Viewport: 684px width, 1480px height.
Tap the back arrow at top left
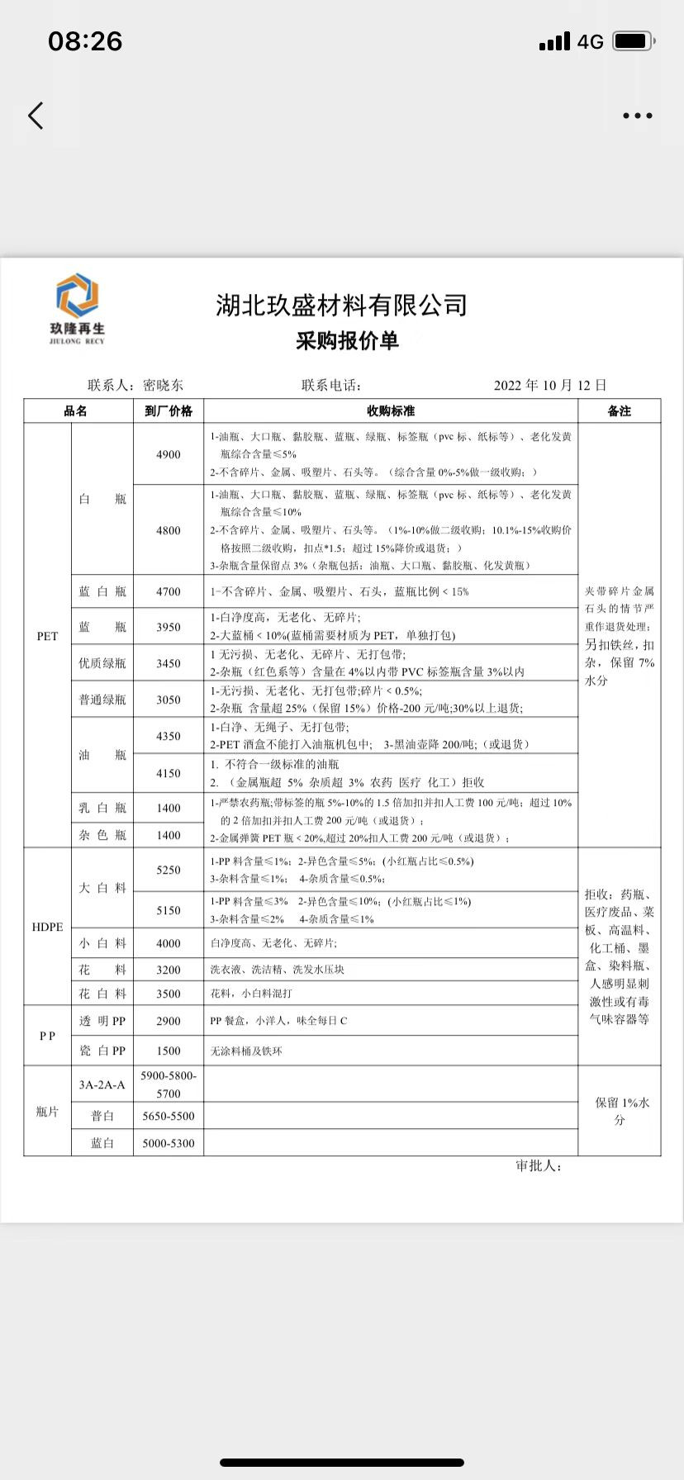(x=36, y=116)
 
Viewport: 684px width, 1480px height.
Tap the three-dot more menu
(x=637, y=116)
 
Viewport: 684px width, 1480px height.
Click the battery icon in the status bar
(x=634, y=41)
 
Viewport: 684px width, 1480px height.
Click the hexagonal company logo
(x=77, y=296)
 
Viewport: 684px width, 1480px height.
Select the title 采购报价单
(x=347, y=340)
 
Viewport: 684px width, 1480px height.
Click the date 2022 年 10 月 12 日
(x=550, y=385)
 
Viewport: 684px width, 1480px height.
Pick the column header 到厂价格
(x=169, y=410)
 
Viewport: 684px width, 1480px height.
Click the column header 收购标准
(x=391, y=410)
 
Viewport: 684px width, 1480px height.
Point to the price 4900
(x=169, y=454)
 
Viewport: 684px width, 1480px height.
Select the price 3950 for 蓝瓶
(x=169, y=627)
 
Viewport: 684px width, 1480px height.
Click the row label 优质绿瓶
(x=102, y=663)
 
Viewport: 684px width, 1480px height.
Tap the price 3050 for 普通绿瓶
(x=169, y=700)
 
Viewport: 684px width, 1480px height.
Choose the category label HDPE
(x=47, y=927)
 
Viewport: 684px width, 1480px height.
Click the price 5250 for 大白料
(x=169, y=870)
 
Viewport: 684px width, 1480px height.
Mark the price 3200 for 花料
(x=169, y=970)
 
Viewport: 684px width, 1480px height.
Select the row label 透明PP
(x=102, y=1021)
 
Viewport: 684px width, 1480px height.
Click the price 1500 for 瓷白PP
(x=169, y=1051)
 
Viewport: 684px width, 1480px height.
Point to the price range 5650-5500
(x=169, y=1116)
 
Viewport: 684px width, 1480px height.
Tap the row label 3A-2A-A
(x=102, y=1084)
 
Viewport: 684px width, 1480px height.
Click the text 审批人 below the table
(x=539, y=1165)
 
